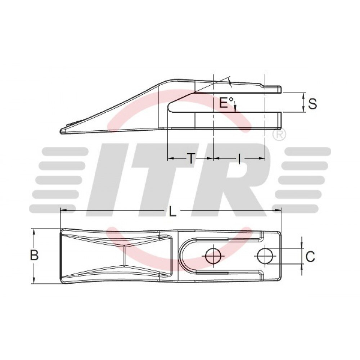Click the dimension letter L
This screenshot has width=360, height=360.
[173, 211]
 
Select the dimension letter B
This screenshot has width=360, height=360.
[34, 255]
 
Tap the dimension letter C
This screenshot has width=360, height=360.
[310, 257]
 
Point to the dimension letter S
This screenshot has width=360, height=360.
[312, 103]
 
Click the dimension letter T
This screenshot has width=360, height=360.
[191, 158]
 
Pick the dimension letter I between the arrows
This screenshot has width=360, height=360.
[239, 158]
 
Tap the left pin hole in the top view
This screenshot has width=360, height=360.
[213, 256]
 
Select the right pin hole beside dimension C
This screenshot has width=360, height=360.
[266, 255]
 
